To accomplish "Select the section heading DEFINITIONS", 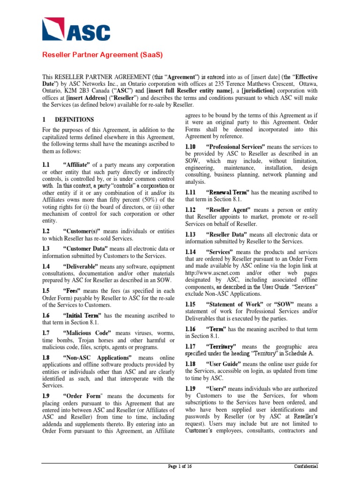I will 75,120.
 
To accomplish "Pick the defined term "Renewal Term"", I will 227,192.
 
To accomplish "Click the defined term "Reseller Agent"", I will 229,210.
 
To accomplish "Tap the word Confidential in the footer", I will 306,467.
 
